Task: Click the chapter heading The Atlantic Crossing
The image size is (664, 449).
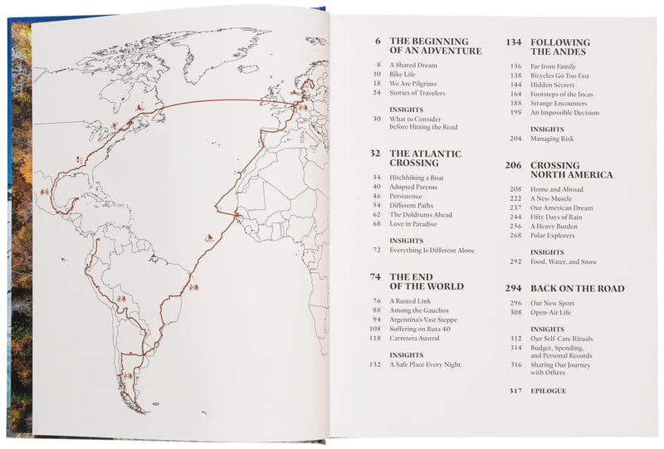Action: [425, 159]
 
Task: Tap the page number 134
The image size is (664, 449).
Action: [512, 41]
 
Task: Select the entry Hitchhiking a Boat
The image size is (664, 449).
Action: [419, 177]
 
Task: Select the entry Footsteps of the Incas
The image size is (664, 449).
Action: [562, 94]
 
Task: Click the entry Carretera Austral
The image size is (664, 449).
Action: [417, 338]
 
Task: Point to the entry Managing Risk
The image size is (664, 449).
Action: [553, 139]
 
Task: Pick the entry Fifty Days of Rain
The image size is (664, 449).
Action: [559, 217]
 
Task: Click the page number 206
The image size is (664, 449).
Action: [512, 165]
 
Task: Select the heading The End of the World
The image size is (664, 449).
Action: [426, 281]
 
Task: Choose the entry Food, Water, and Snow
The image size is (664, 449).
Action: [565, 261]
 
